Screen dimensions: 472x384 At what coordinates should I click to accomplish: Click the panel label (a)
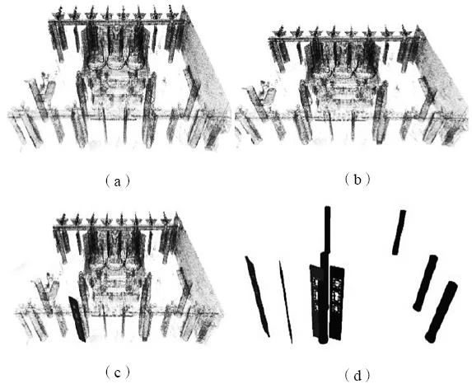118,181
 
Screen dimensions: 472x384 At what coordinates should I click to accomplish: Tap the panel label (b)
357,180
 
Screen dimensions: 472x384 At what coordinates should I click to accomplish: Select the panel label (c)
118,372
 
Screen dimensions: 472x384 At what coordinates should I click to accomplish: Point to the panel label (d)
358,376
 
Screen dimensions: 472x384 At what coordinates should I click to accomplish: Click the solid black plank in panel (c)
77,319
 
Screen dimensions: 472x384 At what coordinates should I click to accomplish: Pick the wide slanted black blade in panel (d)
257,296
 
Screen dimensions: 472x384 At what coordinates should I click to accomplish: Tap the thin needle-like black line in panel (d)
286,302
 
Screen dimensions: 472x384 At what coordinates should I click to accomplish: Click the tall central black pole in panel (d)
325,274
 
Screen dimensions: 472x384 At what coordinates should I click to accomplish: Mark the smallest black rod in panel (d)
400,232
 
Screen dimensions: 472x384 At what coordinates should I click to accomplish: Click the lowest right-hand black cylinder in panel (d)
442,312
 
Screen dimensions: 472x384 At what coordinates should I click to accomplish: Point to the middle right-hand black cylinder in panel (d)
425,283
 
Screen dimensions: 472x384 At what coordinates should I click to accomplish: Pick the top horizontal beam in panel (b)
343,38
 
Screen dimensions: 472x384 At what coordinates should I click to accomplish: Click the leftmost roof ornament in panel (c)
63,220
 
